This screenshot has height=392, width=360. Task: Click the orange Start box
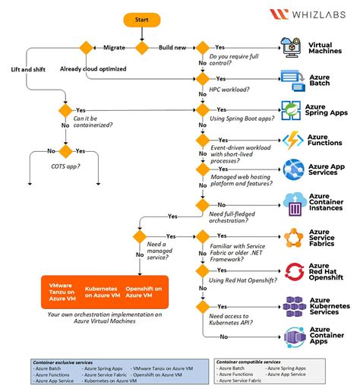(141, 18)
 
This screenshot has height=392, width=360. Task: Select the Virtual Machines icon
(292, 47)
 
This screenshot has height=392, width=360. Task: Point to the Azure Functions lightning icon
(293, 140)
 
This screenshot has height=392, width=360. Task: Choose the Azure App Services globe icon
(293, 170)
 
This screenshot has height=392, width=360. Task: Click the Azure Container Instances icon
(293, 204)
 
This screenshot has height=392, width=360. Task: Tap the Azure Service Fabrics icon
(293, 237)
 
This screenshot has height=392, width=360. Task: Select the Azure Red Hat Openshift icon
(293, 270)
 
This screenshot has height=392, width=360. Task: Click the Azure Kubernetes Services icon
(293, 305)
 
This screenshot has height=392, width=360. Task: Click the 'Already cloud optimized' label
(93, 69)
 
